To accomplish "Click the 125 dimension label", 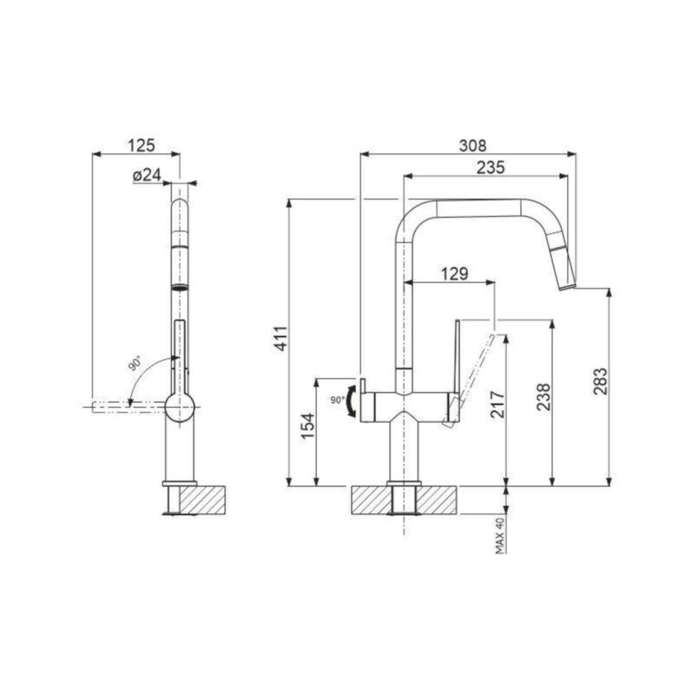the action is tap(142, 145).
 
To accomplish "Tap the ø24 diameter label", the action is tap(146, 175).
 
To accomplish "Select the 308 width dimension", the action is tap(472, 146).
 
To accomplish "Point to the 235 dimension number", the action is tap(491, 168).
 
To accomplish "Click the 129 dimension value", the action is tap(455, 274).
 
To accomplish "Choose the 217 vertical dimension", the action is tap(497, 404).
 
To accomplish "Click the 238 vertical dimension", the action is tap(544, 397).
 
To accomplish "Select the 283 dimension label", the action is tap(600, 381).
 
